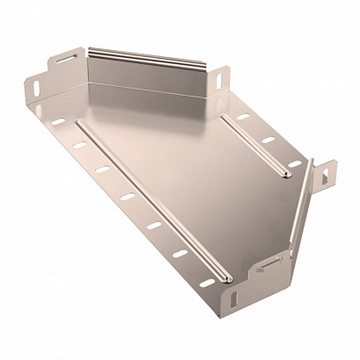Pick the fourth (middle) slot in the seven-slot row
(127, 194)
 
